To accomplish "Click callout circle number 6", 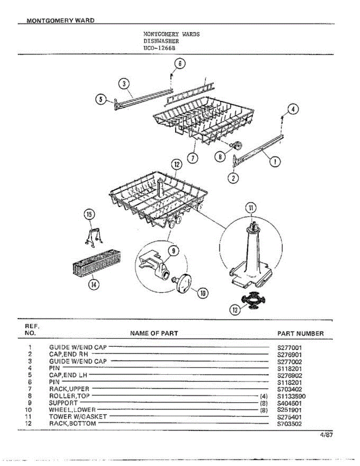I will pos(180,63).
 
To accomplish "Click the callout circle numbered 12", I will pos(177,165).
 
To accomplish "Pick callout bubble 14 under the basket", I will pos(93,285).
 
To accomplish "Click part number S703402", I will pos(289,389).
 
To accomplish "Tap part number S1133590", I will pos(291,396).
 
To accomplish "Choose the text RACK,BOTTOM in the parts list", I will pos(72,424).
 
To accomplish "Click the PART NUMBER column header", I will pos(300,333).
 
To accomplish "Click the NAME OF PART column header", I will pos(154,333).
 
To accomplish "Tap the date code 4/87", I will pos(327,435).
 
